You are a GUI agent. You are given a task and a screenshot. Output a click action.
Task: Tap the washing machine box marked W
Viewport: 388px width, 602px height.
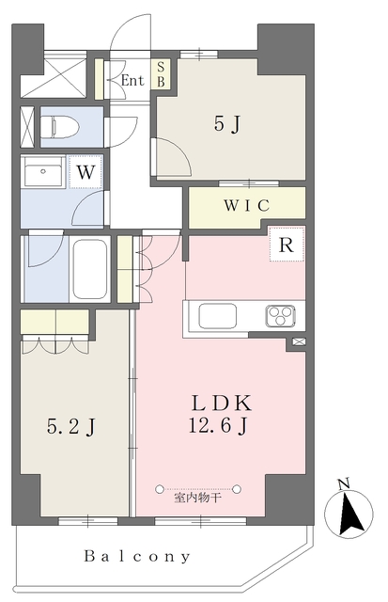pos(85,172)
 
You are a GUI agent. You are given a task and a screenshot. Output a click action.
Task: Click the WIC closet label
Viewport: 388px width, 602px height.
pos(247,205)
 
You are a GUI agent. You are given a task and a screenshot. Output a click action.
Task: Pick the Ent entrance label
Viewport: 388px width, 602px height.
pos(132,81)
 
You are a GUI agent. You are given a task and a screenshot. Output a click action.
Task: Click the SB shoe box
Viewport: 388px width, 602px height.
pos(161,74)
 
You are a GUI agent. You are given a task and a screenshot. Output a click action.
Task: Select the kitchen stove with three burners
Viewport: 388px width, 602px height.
pos(282,315)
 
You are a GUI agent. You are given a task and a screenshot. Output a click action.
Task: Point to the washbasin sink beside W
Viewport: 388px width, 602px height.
pos(42,174)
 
